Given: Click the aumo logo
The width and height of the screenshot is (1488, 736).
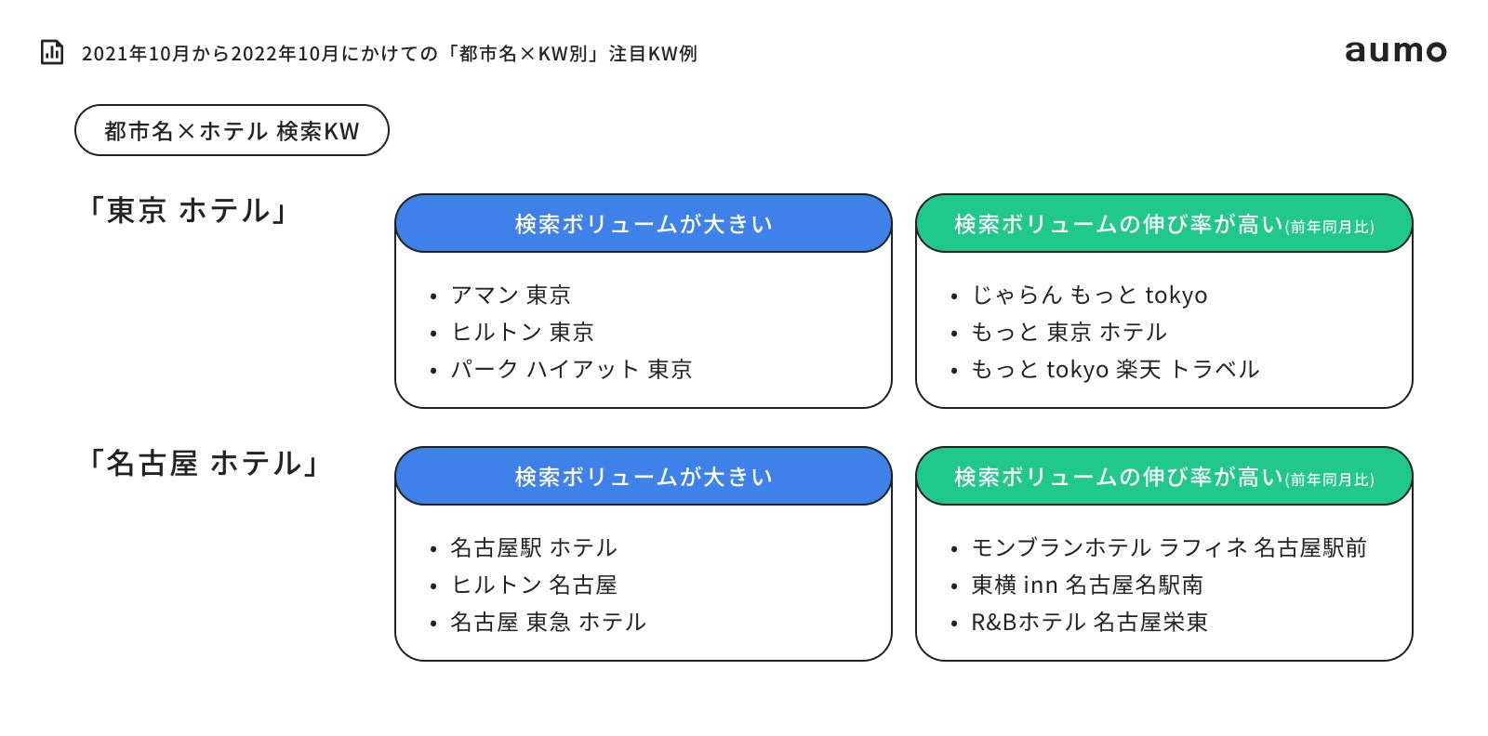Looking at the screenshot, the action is click(x=1395, y=51).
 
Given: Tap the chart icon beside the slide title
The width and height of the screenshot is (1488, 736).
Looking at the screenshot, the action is click(x=52, y=52).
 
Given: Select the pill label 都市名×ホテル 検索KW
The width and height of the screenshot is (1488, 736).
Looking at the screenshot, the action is click(x=232, y=131).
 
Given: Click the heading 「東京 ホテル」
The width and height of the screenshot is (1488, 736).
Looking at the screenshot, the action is click(x=187, y=211).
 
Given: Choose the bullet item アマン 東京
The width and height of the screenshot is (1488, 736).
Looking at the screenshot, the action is click(x=511, y=296).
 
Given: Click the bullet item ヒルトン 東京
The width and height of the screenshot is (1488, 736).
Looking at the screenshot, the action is click(x=522, y=333).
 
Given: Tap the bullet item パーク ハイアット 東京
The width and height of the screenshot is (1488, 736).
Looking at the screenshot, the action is click(x=571, y=370).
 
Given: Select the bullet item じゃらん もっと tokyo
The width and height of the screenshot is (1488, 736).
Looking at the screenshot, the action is click(x=1089, y=296).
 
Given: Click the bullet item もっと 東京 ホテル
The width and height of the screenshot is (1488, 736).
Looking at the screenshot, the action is click(x=1069, y=333).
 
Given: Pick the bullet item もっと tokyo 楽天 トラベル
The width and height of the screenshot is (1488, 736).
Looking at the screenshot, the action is click(x=1115, y=370).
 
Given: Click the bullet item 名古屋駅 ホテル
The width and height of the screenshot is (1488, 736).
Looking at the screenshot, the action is click(x=534, y=548).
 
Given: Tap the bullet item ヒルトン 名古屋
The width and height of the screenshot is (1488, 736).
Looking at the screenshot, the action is click(x=534, y=585).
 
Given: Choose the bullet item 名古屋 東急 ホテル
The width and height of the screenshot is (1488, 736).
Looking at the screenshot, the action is click(x=548, y=623).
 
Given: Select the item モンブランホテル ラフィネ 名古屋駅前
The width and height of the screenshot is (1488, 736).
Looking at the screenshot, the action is click(x=1169, y=548).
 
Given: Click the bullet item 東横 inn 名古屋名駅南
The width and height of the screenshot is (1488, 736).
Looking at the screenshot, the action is click(x=1087, y=585).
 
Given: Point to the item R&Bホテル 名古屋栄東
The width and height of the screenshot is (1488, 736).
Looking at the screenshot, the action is click(x=1089, y=623).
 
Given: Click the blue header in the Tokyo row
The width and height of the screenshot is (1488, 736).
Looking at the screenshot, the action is click(x=644, y=224).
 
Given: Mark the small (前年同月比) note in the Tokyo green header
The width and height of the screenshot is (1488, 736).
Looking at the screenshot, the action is click(x=1330, y=228).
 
